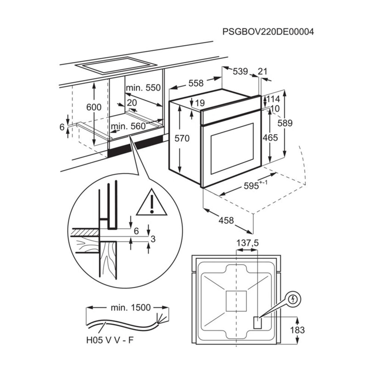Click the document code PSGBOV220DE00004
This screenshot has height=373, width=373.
coord(268,32)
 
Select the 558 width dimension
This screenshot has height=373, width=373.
coord(196,83)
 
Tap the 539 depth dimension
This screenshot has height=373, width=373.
coord(240,71)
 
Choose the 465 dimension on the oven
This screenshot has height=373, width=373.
coord(270,138)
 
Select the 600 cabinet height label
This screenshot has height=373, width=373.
coord(94,107)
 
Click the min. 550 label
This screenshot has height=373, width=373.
coord(143,88)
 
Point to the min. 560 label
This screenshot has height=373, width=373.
coord(128,126)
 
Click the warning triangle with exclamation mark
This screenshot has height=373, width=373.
coord(151,204)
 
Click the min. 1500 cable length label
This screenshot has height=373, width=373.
coord(131,307)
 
